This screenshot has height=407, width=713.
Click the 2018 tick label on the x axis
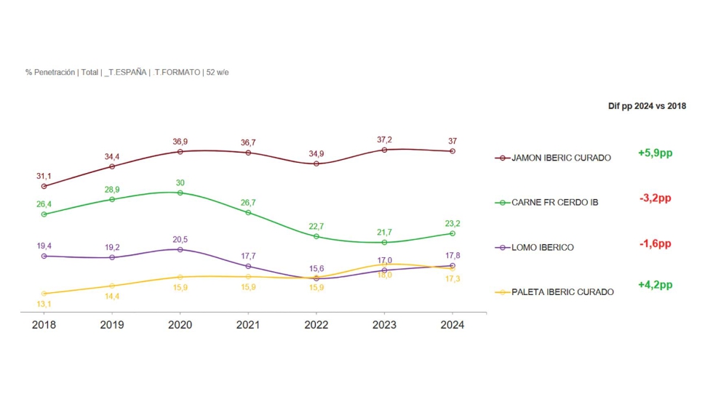(x=44, y=325)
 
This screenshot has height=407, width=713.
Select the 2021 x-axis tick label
(x=248, y=325)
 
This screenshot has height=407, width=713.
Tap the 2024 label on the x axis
(x=452, y=325)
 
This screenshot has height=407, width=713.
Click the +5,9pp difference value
(x=655, y=153)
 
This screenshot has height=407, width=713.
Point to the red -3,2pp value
(x=655, y=198)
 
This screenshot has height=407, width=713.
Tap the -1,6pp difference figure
(x=655, y=243)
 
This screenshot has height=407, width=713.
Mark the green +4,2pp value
(x=655, y=285)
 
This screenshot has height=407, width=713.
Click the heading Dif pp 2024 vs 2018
(x=647, y=106)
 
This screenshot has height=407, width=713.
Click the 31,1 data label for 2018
(x=44, y=176)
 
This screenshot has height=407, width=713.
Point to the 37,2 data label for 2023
(x=385, y=140)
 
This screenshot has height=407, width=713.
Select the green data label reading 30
(x=180, y=182)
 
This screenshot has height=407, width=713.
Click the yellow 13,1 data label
(x=44, y=304)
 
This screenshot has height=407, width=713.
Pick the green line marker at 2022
(x=316, y=236)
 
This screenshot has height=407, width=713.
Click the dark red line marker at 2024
(x=452, y=151)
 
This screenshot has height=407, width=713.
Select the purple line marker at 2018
(x=44, y=256)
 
